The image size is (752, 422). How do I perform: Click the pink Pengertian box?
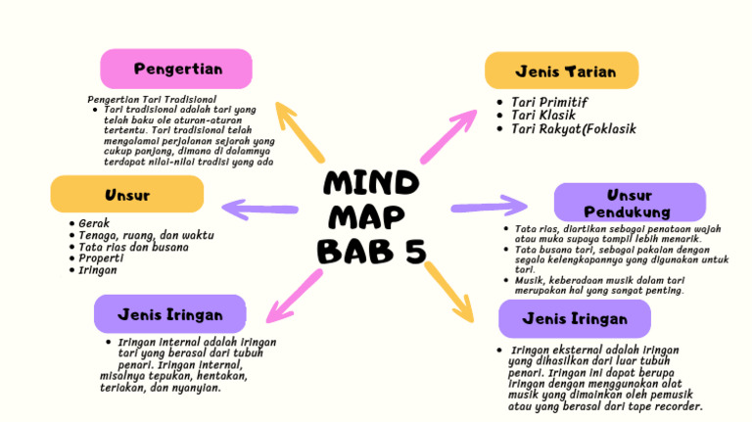177,69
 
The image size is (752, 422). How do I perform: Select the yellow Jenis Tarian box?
561,71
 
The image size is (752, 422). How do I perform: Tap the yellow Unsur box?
127,195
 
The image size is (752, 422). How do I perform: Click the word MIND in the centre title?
371,183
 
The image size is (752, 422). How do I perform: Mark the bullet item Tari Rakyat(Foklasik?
573,129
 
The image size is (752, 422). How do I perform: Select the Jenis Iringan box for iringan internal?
169,314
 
